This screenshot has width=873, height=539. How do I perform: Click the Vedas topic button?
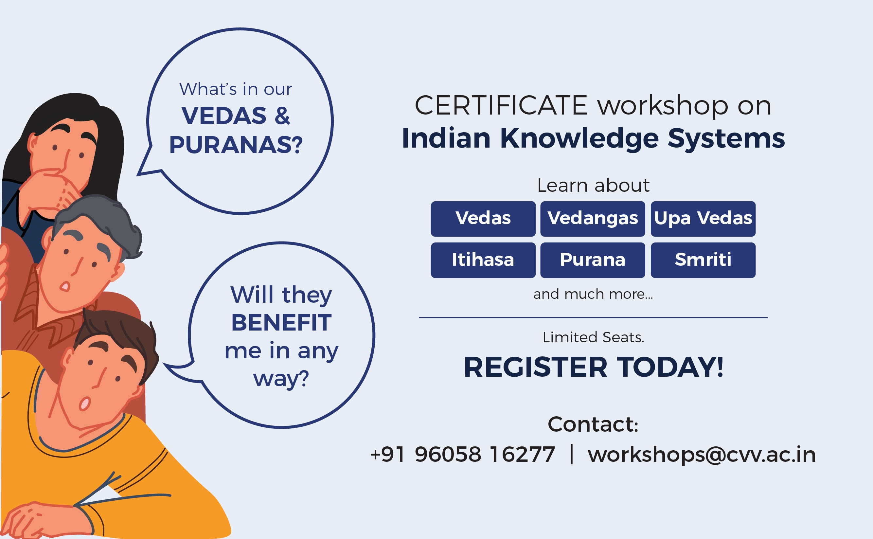(x=483, y=219)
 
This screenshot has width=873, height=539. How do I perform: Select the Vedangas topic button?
(x=593, y=219)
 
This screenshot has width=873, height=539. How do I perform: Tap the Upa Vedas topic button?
(x=703, y=219)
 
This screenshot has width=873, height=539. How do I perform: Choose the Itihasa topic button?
(x=483, y=260)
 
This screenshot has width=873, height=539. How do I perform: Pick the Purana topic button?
(x=593, y=260)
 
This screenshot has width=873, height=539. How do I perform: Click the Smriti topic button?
(x=703, y=260)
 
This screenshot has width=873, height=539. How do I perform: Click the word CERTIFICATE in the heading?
(x=501, y=105)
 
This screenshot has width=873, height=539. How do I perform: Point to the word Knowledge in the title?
(x=579, y=139)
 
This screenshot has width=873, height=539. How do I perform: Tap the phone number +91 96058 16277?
(x=462, y=454)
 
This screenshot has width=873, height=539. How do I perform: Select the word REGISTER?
(x=535, y=367)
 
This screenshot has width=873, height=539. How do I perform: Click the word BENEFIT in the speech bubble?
(x=281, y=323)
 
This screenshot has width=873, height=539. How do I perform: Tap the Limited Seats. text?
(x=593, y=337)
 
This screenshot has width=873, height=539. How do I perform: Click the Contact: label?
(x=593, y=424)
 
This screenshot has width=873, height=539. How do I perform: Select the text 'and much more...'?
(x=593, y=294)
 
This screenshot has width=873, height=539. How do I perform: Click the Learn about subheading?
(x=593, y=185)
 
